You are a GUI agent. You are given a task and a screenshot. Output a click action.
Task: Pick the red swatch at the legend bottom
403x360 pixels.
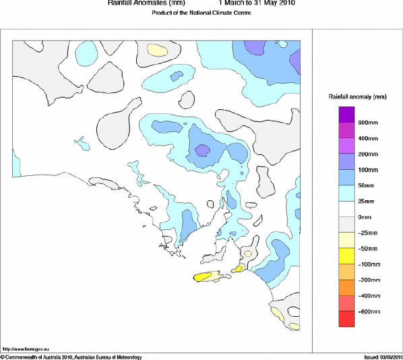tap(346, 319)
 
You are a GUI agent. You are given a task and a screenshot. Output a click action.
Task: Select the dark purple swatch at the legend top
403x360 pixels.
tap(346, 115)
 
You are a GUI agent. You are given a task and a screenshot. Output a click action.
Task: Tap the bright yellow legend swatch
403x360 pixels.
tap(346, 256)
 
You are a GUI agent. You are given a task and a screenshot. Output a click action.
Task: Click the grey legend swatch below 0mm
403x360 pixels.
tap(346, 224)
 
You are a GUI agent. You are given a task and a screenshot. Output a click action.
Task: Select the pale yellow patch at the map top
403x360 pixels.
tap(157, 49)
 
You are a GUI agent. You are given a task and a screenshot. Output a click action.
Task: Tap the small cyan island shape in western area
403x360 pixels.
tap(82, 143)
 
